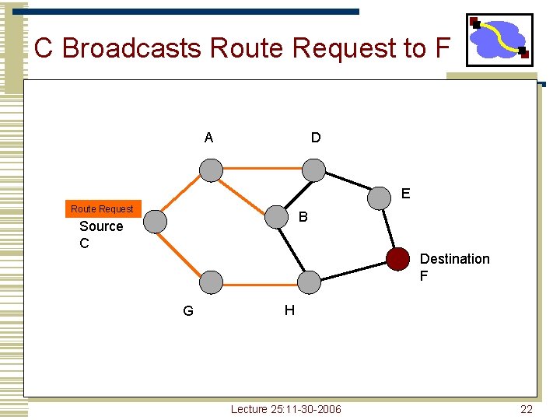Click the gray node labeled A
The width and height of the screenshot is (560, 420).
pyautogui.click(x=210, y=170)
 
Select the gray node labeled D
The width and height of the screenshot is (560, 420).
pyautogui.click(x=313, y=170)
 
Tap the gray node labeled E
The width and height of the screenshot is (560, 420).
pyautogui.click(x=379, y=198)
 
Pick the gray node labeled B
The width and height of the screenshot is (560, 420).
pyautogui.click(x=276, y=217)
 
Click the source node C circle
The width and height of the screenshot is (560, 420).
pyautogui.click(x=156, y=222)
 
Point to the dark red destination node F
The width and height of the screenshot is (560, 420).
pyautogui.click(x=397, y=258)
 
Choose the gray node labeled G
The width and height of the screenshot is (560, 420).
pyautogui.click(x=210, y=282)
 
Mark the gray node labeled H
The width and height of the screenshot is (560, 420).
pyautogui.click(x=309, y=282)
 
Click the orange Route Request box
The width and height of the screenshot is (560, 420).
pyautogui.click(x=102, y=208)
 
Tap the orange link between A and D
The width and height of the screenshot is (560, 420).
pyautogui.click(x=261, y=169)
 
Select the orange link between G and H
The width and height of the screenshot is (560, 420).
pyautogui.click(x=259, y=282)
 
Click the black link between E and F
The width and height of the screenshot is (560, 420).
pyautogui.click(x=388, y=228)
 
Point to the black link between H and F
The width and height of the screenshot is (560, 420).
pyautogui.click(x=353, y=270)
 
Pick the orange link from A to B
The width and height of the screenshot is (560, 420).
pyautogui.click(x=243, y=193)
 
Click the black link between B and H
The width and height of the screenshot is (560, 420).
pyautogui.click(x=292, y=249)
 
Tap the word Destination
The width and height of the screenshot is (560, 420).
pyautogui.click(x=454, y=259)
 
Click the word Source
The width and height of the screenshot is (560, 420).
pyautogui.click(x=101, y=226)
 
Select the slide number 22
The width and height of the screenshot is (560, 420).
pyautogui.click(x=527, y=409)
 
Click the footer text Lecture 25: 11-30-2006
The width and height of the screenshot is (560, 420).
pyautogui.click(x=285, y=409)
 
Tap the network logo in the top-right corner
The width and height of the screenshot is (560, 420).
pyautogui.click(x=499, y=39)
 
